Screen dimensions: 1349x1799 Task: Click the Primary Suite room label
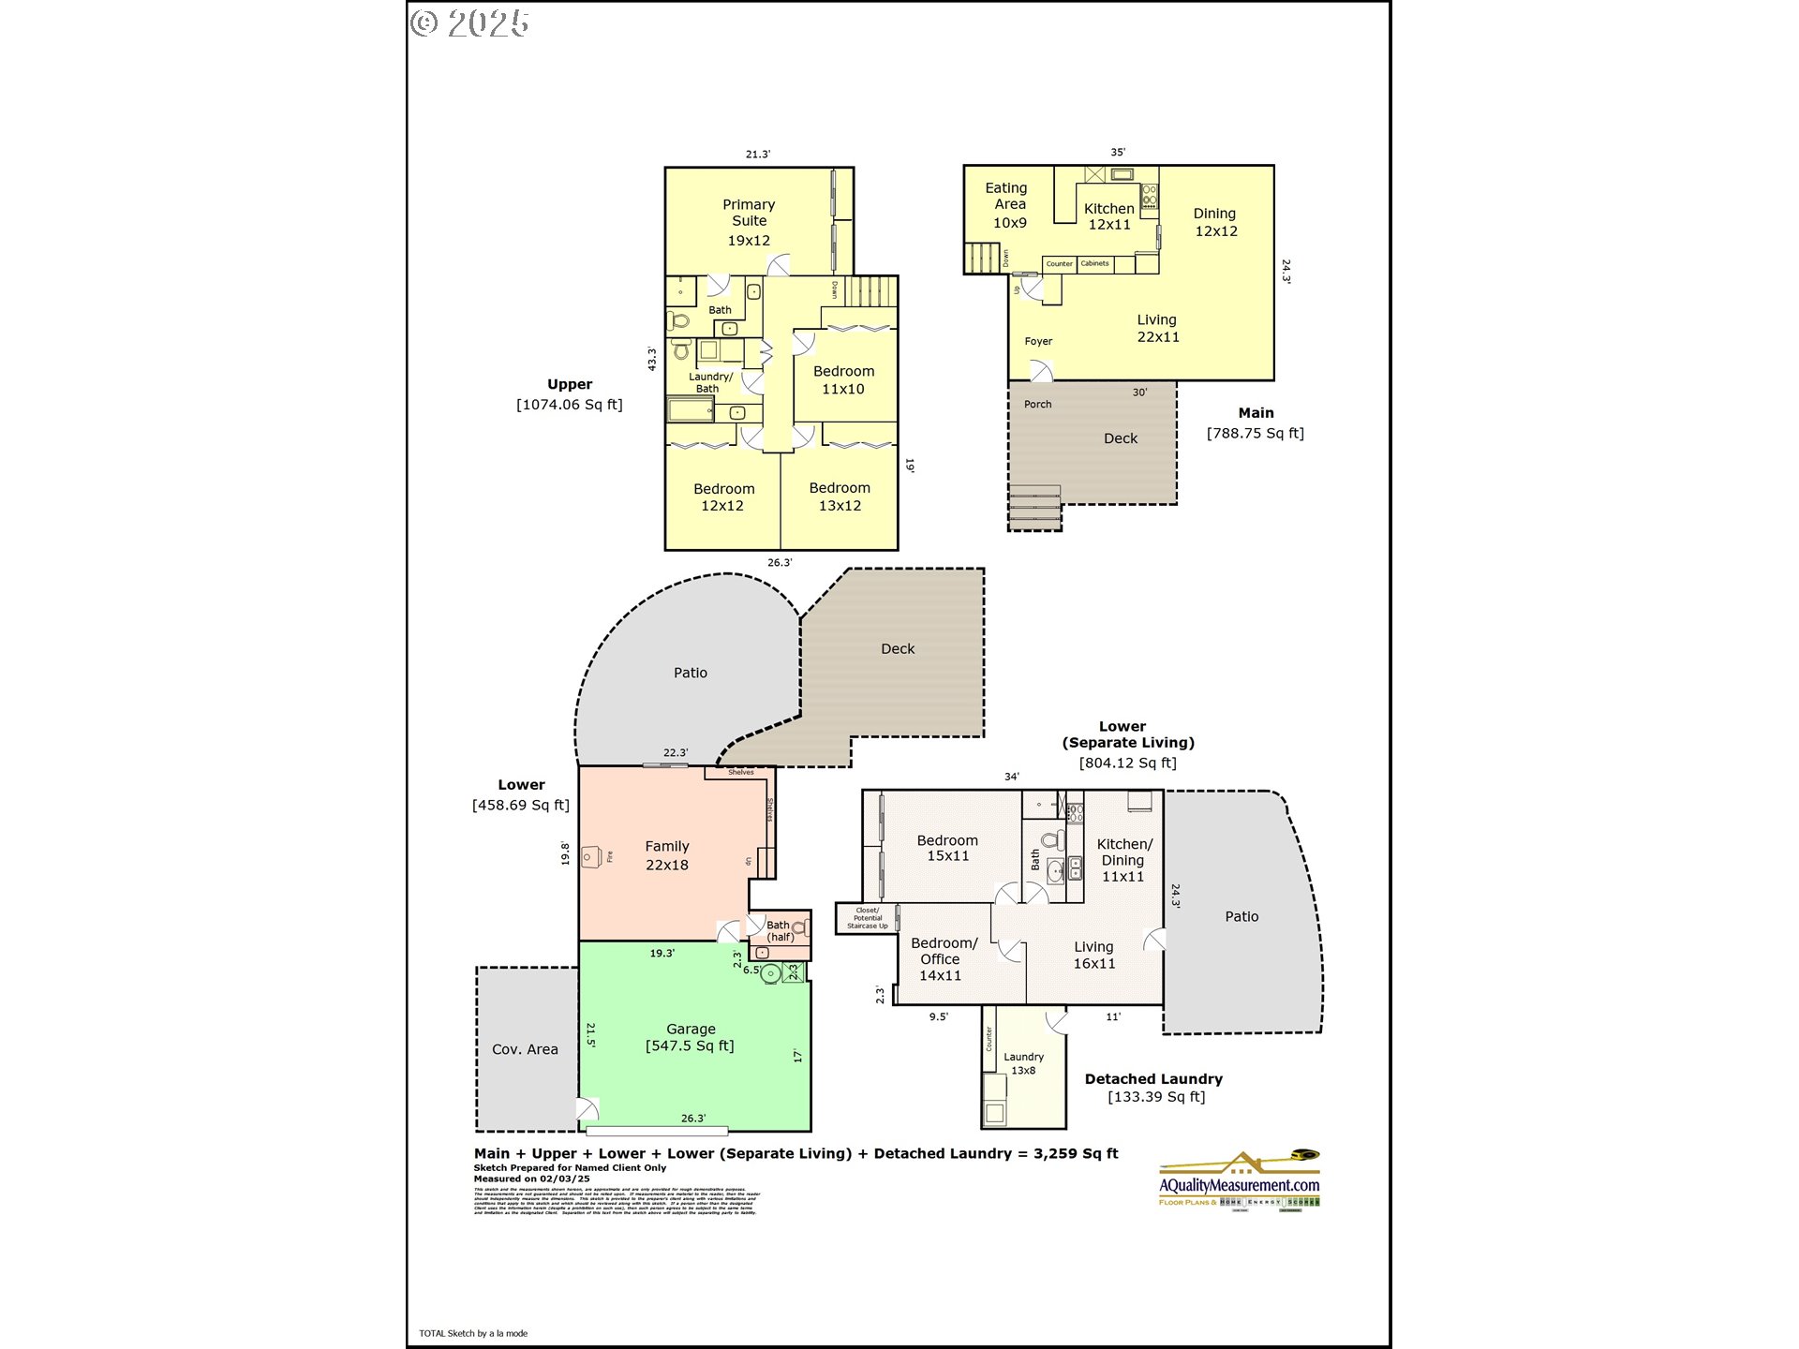coord(749,222)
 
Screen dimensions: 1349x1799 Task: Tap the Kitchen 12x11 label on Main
coord(1108,216)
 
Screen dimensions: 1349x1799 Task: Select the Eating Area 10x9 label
coord(1008,205)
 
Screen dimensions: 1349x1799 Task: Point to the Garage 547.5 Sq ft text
coord(691,1037)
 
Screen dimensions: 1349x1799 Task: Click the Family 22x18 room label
coord(667,855)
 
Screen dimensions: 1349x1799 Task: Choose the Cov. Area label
coord(525,1049)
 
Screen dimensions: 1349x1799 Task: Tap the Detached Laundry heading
coord(1153,1079)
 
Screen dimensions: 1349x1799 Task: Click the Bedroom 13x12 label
coord(840,497)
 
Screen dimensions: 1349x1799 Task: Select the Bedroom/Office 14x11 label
coord(942,959)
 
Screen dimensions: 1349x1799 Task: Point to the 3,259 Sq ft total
coord(1076,1153)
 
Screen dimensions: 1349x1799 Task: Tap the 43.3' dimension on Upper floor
coord(652,359)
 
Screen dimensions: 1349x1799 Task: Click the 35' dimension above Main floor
coord(1118,152)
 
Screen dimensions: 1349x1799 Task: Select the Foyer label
coord(1038,341)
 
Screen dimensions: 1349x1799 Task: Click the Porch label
coord(1037,405)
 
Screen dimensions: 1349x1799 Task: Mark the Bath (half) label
coord(780,930)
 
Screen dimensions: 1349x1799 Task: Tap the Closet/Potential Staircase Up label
coord(867,918)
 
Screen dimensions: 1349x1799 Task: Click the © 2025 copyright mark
coord(470,23)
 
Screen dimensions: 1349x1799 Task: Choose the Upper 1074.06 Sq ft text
coord(570,394)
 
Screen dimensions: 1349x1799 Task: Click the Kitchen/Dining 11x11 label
coord(1123,860)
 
